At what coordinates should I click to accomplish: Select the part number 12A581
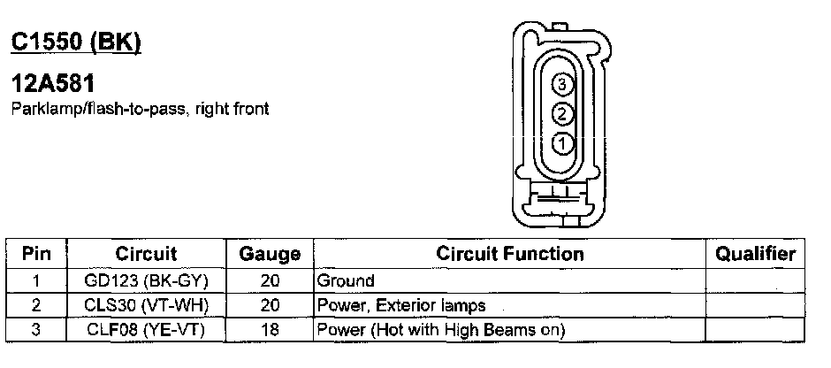[52, 85]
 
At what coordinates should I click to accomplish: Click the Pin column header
[35, 254]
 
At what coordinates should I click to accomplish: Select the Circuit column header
[147, 254]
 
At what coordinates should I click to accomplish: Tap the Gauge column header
[270, 255]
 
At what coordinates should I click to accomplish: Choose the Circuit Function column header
[510, 254]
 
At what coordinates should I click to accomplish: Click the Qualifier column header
[755, 254]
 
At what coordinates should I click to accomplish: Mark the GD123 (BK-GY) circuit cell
[147, 281]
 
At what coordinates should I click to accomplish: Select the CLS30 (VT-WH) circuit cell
[147, 306]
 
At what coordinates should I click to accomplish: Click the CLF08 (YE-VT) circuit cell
[147, 331]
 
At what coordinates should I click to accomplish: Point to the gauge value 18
[270, 331]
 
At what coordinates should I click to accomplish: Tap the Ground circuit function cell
[346, 281]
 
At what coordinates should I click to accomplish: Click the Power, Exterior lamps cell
[401, 306]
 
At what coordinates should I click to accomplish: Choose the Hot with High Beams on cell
[441, 331]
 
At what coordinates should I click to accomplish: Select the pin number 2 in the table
[35, 306]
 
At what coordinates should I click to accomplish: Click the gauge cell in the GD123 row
[270, 281]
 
